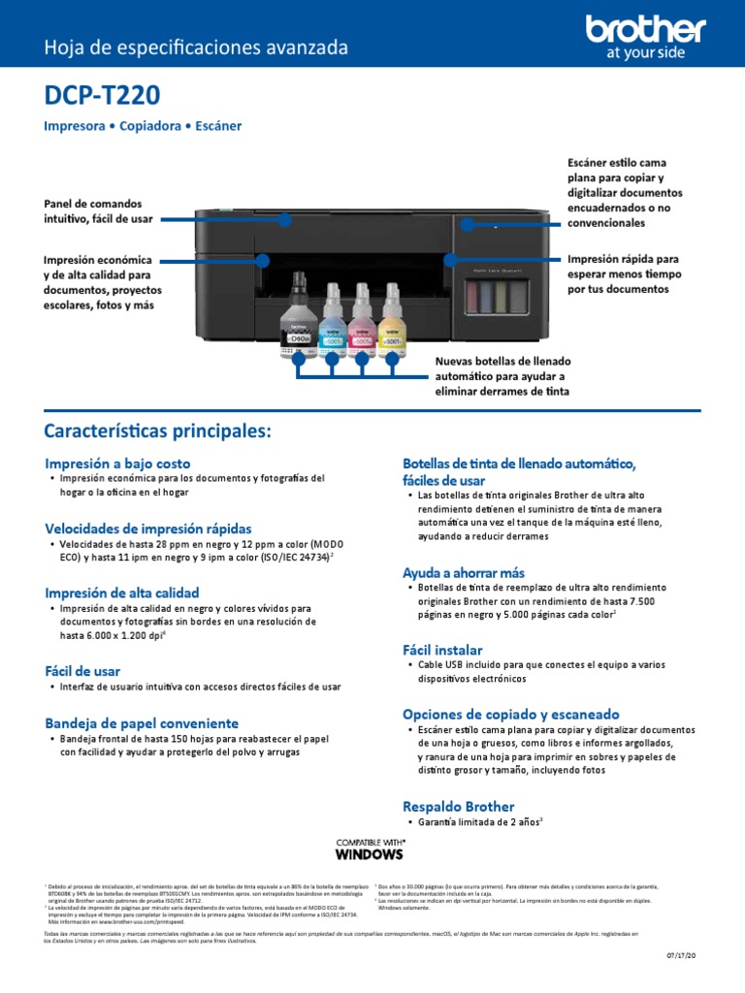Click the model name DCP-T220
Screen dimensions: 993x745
point(103,96)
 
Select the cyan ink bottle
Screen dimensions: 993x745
point(332,320)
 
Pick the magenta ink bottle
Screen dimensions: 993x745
point(363,320)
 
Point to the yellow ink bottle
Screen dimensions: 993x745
point(392,320)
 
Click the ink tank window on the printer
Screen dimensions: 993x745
point(498,294)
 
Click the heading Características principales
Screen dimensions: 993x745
point(158,430)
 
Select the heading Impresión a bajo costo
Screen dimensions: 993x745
point(117,463)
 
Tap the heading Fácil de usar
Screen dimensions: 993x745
point(82,670)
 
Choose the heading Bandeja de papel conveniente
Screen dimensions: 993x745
point(142,722)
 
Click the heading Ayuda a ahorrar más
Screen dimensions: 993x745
point(463,572)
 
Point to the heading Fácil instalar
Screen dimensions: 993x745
point(442,649)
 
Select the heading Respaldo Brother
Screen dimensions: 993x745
point(458,806)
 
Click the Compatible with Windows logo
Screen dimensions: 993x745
point(369,849)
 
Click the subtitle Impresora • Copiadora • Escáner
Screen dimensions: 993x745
point(143,126)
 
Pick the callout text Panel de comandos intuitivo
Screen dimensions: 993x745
point(98,211)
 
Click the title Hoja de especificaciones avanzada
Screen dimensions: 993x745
point(196,48)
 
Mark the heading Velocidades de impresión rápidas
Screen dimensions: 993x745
point(147,529)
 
